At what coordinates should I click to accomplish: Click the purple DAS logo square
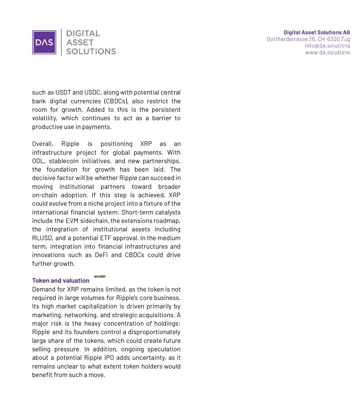click(44, 42)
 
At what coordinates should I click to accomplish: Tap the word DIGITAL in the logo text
click(83, 34)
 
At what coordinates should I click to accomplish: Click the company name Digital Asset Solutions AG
click(317, 33)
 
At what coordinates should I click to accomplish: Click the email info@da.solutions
click(327, 46)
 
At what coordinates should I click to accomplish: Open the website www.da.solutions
click(327, 52)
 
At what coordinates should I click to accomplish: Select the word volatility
click(44, 118)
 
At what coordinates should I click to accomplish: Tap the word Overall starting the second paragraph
click(42, 144)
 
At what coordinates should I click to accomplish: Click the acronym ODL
click(38, 161)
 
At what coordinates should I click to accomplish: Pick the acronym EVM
click(72, 221)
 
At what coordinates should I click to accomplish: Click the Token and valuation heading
click(61, 281)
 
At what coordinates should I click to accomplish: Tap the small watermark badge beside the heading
click(100, 277)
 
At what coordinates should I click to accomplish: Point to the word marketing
click(46, 315)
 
